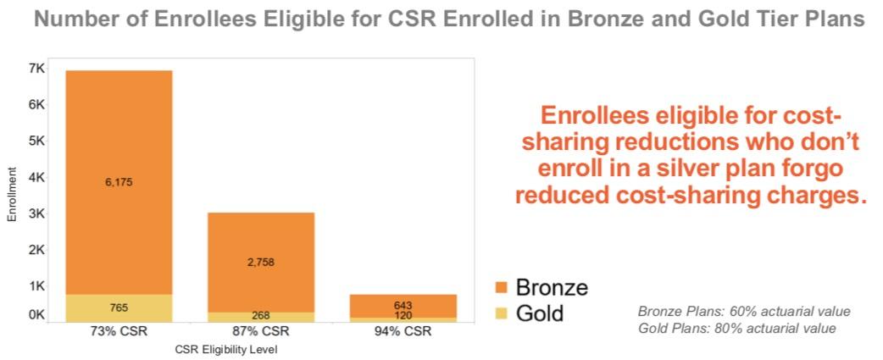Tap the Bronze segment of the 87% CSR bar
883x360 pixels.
click(x=261, y=237)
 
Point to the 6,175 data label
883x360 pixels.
click(x=119, y=182)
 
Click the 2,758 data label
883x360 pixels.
click(x=261, y=263)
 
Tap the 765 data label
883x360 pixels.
click(x=119, y=307)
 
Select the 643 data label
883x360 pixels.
click(x=403, y=305)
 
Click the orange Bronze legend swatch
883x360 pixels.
click(x=501, y=287)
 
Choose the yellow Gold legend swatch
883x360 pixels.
click(x=501, y=313)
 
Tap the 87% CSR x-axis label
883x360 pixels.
click(x=261, y=331)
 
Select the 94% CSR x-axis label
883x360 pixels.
click(x=403, y=331)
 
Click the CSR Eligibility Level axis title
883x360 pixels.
click(x=226, y=348)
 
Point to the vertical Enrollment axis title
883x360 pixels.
click(x=13, y=194)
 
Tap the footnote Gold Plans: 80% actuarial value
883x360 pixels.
click(x=736, y=328)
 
